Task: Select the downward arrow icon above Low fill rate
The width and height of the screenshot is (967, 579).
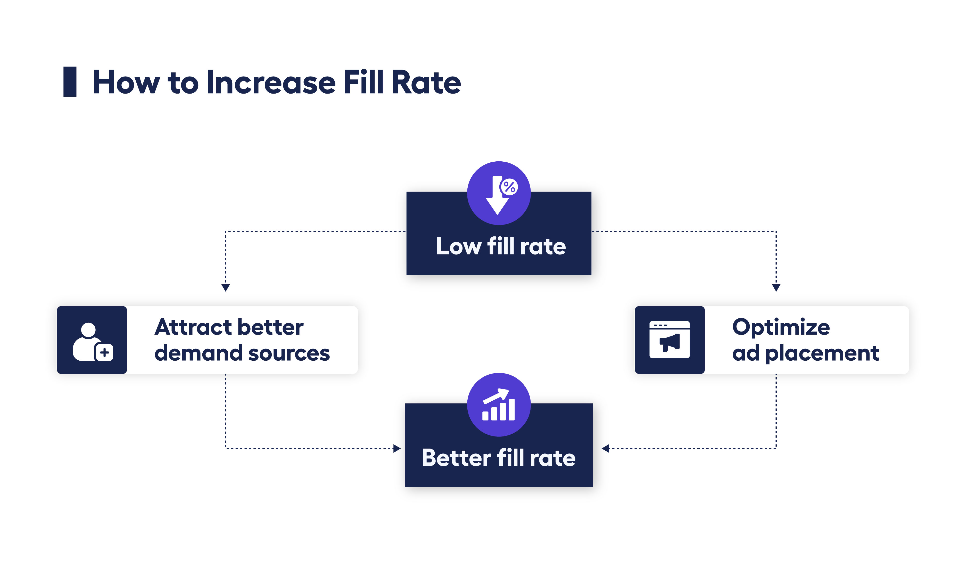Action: coord(497,197)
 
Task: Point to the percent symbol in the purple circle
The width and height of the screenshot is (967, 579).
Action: coord(509,187)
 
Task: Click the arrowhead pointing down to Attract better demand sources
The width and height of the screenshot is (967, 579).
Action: coord(226,288)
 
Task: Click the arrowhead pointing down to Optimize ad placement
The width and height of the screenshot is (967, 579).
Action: coord(776,288)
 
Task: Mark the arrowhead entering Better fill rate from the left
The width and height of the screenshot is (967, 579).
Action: coord(397,448)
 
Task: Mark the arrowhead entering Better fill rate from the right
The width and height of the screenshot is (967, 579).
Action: coord(605,448)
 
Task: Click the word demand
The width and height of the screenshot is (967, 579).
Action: coord(198,353)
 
